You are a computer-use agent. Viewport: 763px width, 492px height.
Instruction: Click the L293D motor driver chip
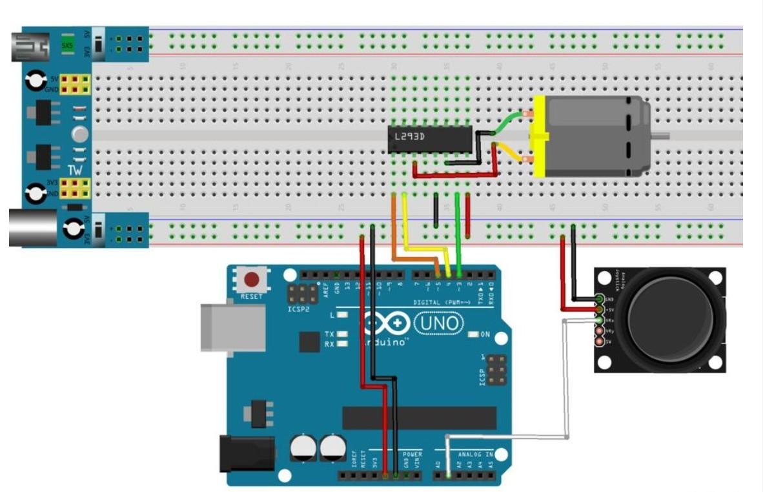click(x=429, y=138)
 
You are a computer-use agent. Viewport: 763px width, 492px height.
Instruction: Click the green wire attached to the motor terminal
click(x=510, y=120)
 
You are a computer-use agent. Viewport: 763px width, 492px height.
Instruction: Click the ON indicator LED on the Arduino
click(x=474, y=334)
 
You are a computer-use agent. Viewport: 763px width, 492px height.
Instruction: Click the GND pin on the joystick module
click(x=600, y=299)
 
